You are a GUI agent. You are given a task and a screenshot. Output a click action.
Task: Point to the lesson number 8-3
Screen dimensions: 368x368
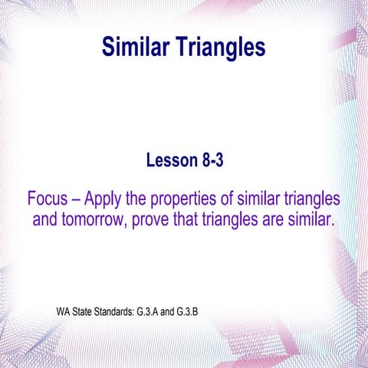[214, 160]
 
